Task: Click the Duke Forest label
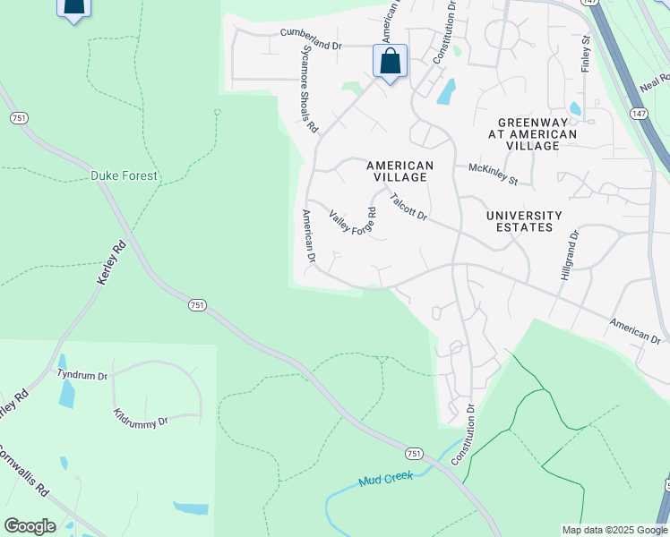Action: point(124,176)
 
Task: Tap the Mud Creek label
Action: point(386,479)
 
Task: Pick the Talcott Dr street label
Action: point(408,208)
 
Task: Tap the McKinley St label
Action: point(493,174)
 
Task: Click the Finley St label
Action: point(587,54)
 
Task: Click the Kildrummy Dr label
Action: point(142,417)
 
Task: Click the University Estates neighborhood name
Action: point(524,221)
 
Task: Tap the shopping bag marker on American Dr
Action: point(390,63)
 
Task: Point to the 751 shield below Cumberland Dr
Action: point(18,117)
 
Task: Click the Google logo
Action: point(30,526)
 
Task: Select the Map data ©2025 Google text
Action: point(614,530)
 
